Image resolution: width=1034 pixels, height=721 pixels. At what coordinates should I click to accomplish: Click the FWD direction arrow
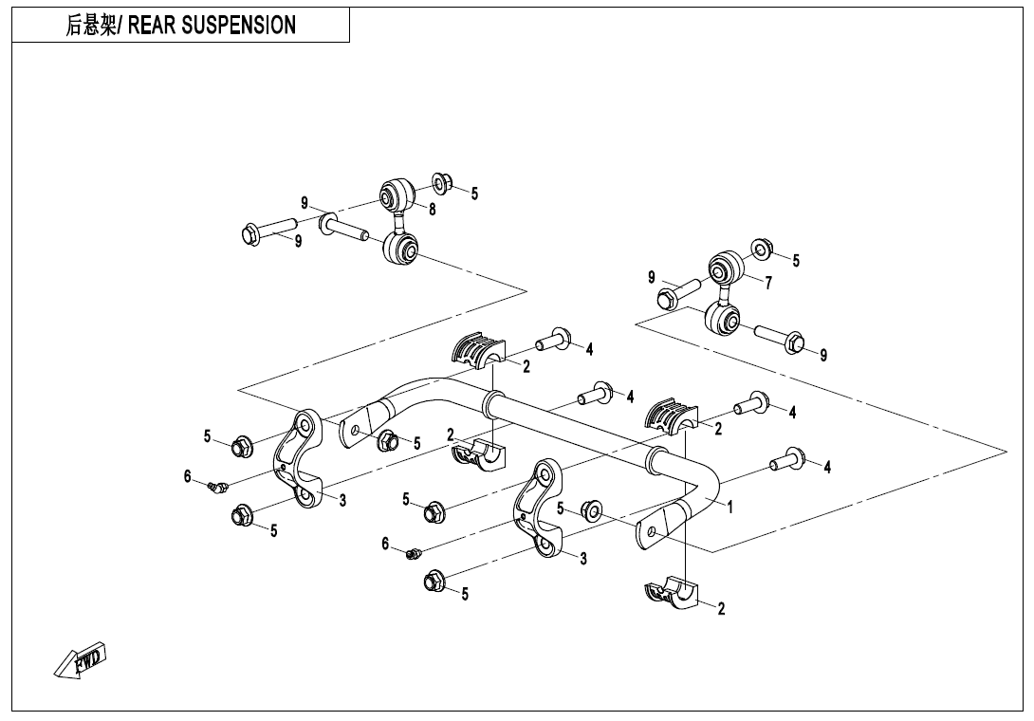(82, 661)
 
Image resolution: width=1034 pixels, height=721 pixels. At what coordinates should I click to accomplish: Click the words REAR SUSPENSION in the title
(212, 26)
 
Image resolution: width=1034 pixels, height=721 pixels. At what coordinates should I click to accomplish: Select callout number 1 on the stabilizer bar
(729, 507)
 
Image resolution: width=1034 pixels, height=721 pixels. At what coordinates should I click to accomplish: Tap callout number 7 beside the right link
(768, 283)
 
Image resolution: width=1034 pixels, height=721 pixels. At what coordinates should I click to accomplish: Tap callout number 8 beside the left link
(432, 210)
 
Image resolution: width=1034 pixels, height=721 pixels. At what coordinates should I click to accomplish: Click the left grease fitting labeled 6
(215, 487)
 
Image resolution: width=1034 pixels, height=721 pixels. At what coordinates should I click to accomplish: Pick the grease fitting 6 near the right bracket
(414, 552)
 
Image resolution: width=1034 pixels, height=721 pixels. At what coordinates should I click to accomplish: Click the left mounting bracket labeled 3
(298, 458)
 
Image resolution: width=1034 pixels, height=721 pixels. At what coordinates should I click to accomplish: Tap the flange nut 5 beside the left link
(441, 181)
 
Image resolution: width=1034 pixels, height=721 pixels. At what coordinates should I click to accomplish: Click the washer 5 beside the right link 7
(762, 250)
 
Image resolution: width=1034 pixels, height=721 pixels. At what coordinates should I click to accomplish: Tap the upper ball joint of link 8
(397, 196)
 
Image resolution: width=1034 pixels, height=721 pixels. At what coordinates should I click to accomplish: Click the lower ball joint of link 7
(725, 318)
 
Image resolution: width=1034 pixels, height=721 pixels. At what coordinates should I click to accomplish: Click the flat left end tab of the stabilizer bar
(360, 426)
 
